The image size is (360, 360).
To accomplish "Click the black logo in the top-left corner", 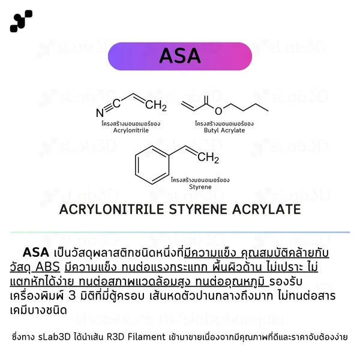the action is tap(21, 21).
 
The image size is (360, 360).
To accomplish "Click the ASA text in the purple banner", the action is tap(180, 56).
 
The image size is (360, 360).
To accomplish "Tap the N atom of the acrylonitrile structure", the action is tap(100, 113).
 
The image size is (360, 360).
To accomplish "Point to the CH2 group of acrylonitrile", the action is tap(156, 106).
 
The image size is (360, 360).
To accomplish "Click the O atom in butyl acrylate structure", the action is tap(218, 111).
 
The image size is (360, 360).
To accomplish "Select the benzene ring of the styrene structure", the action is tap(152, 165).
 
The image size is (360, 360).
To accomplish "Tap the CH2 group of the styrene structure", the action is tap(208, 158).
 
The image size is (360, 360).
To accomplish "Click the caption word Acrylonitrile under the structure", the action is tap(131, 130).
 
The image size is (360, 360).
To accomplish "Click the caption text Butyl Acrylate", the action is tap(224, 130).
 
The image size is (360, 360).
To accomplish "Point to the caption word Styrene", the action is tap(200, 187).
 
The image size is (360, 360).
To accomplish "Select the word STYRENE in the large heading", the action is tap(198, 209).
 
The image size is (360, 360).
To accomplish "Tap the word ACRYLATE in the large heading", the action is tap(266, 209).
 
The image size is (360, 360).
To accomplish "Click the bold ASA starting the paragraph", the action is tap(36, 253).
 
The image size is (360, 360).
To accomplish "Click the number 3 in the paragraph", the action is tap(72, 296).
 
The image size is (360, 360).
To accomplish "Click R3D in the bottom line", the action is tap(115, 337).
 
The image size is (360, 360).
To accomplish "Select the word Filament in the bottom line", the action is tap(146, 337).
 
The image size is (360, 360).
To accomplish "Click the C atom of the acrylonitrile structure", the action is tap(116, 104).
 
